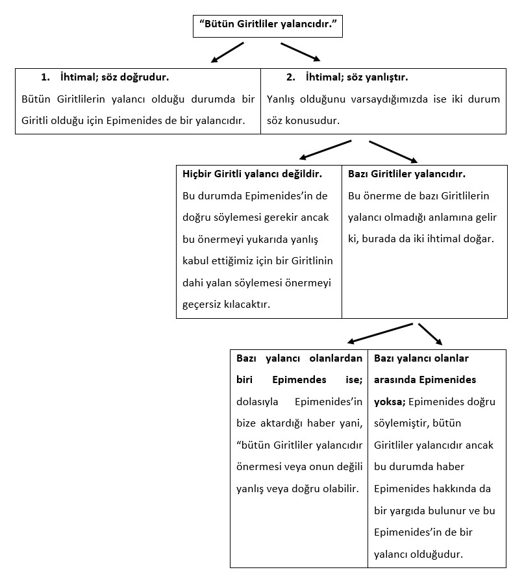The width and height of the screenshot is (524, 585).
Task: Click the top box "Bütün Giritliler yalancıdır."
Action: click(x=268, y=27)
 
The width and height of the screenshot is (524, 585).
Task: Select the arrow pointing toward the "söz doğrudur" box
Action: click(x=227, y=53)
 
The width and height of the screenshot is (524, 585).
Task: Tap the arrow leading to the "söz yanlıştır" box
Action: click(x=300, y=52)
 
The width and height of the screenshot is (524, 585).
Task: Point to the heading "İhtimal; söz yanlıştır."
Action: click(x=356, y=77)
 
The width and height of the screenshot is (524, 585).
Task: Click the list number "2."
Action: click(x=291, y=77)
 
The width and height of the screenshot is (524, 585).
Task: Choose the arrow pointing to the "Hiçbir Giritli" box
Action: click(x=325, y=149)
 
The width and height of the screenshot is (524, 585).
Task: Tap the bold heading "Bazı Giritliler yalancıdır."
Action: click(x=406, y=175)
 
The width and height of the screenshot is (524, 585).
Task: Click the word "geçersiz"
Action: click(x=203, y=305)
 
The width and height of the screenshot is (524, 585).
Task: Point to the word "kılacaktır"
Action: click(x=247, y=305)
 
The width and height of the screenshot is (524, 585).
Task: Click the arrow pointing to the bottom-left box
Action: click(x=380, y=332)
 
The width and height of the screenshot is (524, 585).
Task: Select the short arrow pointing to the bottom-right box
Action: click(x=430, y=334)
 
